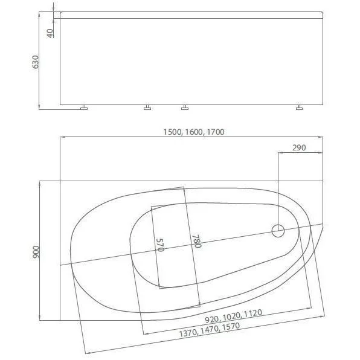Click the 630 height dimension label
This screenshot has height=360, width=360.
(36, 62)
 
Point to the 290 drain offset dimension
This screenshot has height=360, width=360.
(298, 147)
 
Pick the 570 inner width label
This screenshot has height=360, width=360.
(161, 245)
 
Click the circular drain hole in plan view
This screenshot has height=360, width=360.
(278, 230)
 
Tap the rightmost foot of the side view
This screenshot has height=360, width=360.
(299, 109)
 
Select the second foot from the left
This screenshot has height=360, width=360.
(147, 109)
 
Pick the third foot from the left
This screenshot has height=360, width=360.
(185, 109)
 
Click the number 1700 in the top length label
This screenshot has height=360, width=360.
(216, 132)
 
